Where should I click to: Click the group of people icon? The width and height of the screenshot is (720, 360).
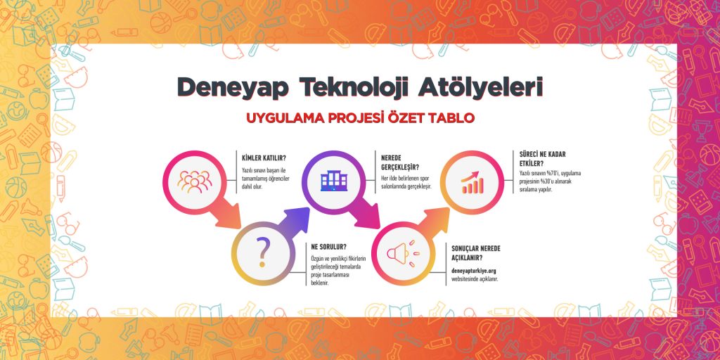(x=195, y=181)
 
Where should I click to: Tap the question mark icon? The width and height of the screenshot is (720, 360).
(x=262, y=252)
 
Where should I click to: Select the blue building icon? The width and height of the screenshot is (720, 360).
(x=334, y=181)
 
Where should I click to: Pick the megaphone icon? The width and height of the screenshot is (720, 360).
(x=403, y=253)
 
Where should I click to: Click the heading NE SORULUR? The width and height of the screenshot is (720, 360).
(x=328, y=247)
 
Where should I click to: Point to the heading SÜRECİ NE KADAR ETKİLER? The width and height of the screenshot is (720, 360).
(x=542, y=158)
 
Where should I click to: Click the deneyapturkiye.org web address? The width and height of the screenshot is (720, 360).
(x=473, y=271)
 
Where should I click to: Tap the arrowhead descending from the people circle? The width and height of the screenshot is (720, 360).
(x=228, y=218)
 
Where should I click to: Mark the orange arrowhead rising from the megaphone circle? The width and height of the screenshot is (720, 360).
(x=436, y=219)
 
